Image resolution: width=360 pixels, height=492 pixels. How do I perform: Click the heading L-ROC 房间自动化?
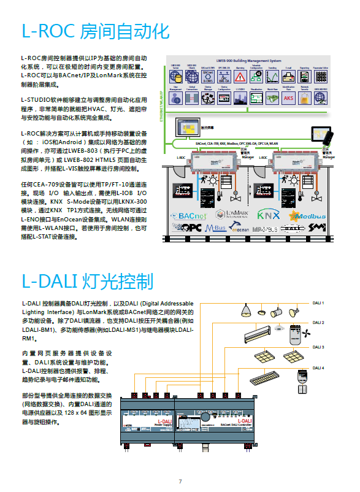[95, 31]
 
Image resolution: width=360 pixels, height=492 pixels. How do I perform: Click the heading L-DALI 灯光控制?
[87, 282]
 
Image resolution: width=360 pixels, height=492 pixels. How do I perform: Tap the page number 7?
[180, 481]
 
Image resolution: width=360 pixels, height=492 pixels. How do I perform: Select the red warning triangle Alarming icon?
[240, 77]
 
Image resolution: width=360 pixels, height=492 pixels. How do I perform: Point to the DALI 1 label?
[318, 303]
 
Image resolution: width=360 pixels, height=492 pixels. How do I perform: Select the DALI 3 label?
[318, 347]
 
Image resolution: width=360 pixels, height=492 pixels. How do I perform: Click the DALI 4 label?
[318, 368]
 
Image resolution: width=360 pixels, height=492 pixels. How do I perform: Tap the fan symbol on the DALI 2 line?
[307, 334]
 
